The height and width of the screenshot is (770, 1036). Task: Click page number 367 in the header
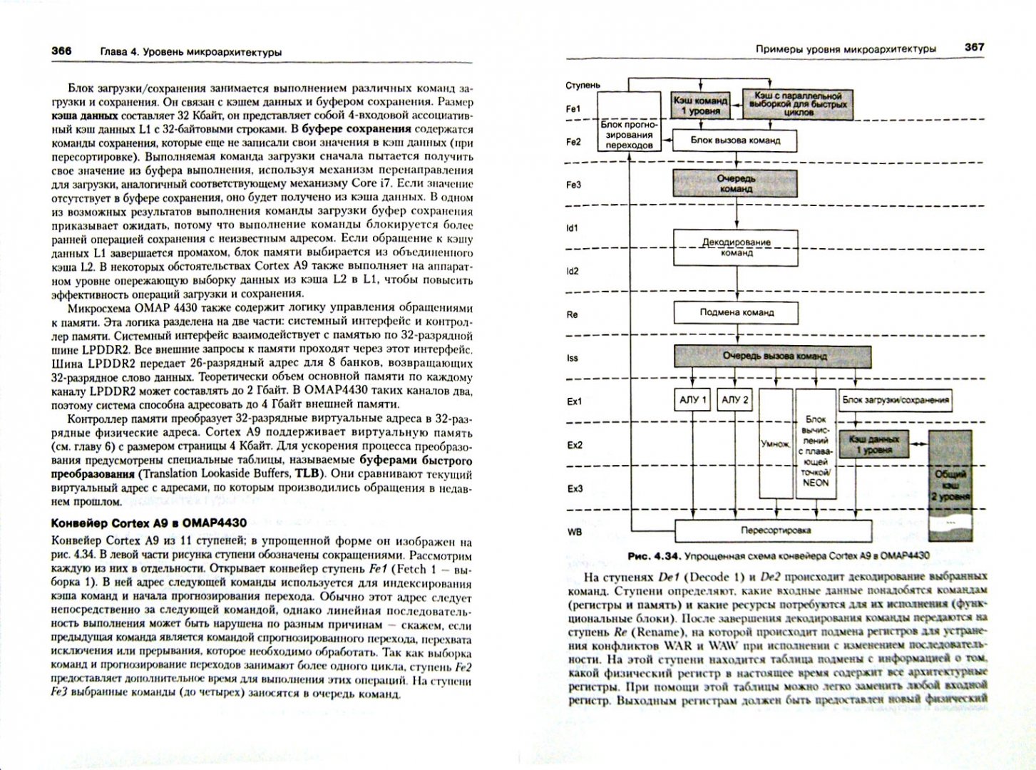pos(974,47)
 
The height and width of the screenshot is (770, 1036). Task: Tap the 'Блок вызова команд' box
pos(735,140)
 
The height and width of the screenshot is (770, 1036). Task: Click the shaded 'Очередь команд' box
pos(735,184)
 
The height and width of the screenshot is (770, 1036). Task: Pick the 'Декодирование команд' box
pos(735,247)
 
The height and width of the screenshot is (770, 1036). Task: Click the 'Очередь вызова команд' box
pos(773,356)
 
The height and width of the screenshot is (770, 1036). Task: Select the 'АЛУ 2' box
pos(735,400)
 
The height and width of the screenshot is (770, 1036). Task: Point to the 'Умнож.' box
pos(776,443)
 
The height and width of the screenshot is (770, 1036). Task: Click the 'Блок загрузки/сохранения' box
pos(896,400)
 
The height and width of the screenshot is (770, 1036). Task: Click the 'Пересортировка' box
pos(773,530)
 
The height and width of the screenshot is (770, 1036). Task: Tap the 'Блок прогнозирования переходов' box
pos(628,129)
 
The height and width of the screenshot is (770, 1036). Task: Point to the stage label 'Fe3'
pos(573,185)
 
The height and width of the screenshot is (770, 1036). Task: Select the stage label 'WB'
pos(574,531)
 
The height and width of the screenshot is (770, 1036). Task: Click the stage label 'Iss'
pos(572,357)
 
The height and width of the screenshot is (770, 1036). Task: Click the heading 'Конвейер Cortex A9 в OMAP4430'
pos(149,523)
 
